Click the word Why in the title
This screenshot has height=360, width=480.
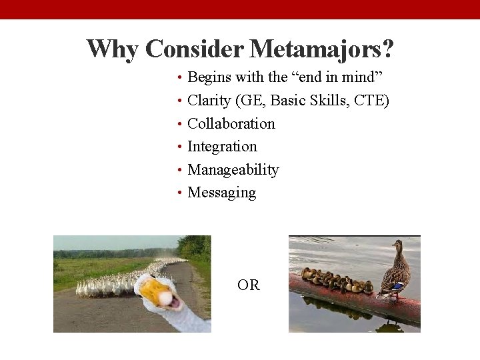click(x=113, y=49)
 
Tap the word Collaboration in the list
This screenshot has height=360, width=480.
click(x=231, y=123)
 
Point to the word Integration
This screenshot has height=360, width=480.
click(x=222, y=146)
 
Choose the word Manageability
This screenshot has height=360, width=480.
click(x=233, y=169)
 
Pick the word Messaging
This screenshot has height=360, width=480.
click(x=221, y=192)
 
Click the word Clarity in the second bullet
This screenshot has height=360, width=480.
click(x=208, y=101)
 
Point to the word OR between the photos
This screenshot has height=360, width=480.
click(x=248, y=285)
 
